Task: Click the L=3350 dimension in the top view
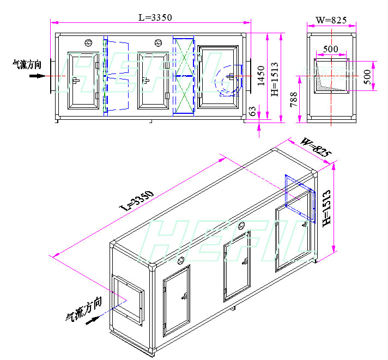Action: [x=155, y=17]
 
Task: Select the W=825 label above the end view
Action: [x=331, y=20]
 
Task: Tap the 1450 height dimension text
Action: [x=261, y=76]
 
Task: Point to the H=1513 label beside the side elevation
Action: [x=275, y=79]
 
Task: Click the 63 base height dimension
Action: [x=252, y=111]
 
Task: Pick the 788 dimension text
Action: [x=294, y=100]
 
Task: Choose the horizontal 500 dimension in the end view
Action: [x=331, y=49]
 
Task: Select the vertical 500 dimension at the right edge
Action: [x=368, y=77]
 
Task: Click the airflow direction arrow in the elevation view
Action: [x=38, y=76]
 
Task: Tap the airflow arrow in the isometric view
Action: [x=93, y=320]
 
